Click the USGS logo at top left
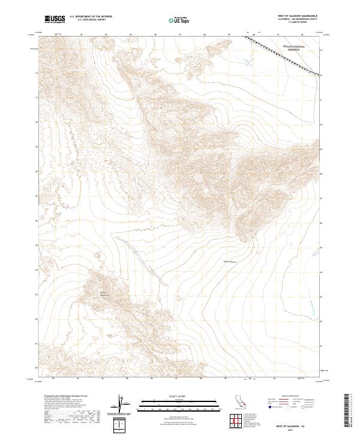point(55,19)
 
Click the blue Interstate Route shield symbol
point(270,407)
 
